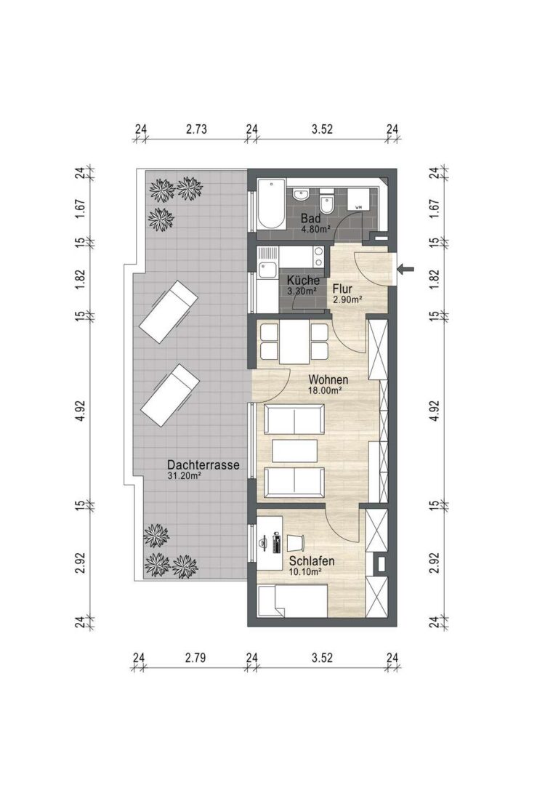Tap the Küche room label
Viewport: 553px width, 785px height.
302,280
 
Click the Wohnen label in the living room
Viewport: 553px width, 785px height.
328,379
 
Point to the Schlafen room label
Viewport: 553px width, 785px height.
311,561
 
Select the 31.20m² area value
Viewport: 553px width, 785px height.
185,477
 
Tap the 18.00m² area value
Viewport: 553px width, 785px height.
326,390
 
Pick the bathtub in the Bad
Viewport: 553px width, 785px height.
270,204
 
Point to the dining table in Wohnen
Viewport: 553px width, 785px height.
294,341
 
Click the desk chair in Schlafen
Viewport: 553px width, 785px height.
295,542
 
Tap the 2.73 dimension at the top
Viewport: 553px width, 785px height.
196,129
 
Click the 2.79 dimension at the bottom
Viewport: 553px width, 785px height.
195,659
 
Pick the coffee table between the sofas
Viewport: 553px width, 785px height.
295,451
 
